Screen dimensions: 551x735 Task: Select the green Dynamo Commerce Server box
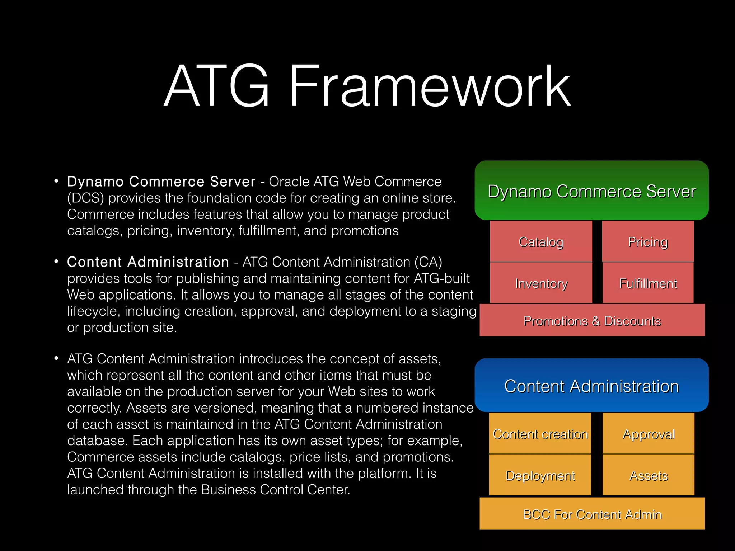(x=591, y=190)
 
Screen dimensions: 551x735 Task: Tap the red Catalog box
(x=541, y=241)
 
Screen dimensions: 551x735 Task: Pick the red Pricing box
(x=648, y=241)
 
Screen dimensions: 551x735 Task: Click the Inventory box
(x=541, y=283)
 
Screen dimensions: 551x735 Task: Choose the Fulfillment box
(x=648, y=283)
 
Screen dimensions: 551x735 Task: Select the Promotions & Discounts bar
(x=592, y=320)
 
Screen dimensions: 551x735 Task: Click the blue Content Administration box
(x=591, y=386)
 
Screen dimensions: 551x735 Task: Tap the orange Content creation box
(x=540, y=433)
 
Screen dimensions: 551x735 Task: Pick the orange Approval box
(x=649, y=433)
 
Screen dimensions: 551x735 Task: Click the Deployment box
(x=540, y=475)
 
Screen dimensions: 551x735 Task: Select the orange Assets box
(x=649, y=475)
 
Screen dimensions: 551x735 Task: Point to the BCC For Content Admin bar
(x=592, y=514)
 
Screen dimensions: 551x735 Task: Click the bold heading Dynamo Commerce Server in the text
(x=161, y=182)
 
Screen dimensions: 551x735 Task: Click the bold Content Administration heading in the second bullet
(x=148, y=262)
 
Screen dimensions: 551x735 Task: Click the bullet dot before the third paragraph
(x=56, y=358)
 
